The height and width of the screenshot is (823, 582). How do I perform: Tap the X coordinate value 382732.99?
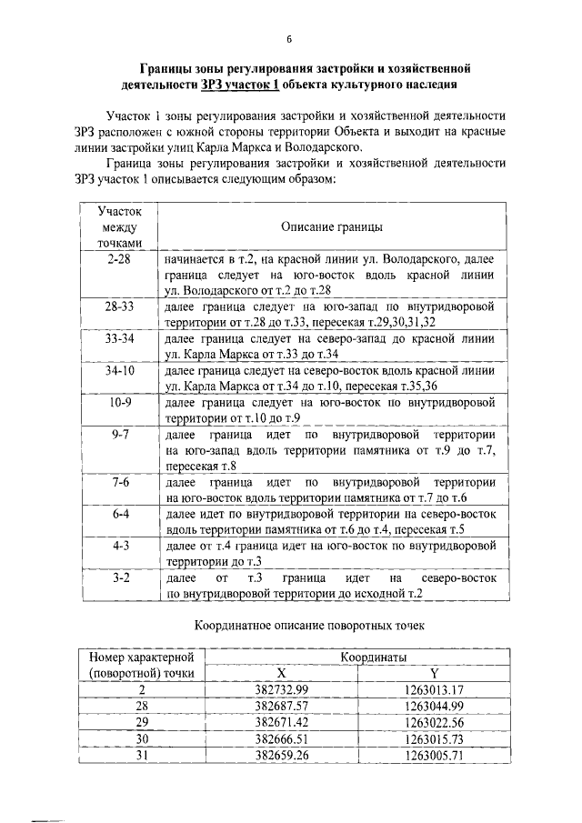(282, 688)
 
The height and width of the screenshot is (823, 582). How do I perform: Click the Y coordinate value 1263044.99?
(434, 705)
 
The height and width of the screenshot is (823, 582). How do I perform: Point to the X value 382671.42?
(282, 721)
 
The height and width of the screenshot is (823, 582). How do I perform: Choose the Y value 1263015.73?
(434, 738)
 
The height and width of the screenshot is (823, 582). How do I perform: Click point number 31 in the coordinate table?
(142, 754)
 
